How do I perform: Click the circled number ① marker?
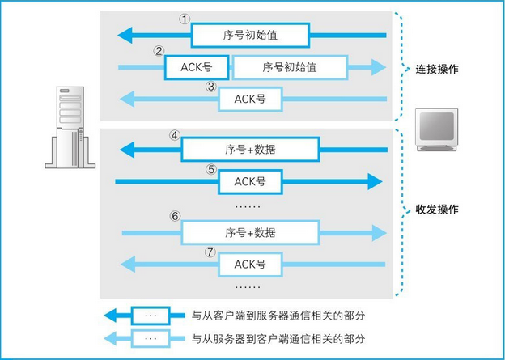[x=185, y=19]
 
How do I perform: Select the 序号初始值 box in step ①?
[x=250, y=35]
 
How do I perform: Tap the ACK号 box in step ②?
[x=197, y=67]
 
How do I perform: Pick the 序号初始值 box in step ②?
[x=290, y=67]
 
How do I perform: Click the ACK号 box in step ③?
[x=250, y=99]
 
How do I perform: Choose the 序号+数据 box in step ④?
[x=250, y=150]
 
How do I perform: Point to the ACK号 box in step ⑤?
[x=250, y=181]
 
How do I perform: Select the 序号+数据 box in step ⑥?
[x=250, y=232]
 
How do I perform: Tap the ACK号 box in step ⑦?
[x=250, y=265]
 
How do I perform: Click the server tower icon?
[x=70, y=127]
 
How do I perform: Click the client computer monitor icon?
[x=436, y=129]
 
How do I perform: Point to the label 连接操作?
[x=437, y=69]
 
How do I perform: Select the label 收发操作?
[x=437, y=210]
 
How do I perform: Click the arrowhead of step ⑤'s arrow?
[x=375, y=181]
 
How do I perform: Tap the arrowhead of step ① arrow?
[x=125, y=35]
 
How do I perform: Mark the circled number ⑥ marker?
[x=175, y=216]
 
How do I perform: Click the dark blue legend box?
[x=150, y=316]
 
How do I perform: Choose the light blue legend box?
[x=150, y=338]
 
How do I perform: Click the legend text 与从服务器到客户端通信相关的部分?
[x=278, y=338]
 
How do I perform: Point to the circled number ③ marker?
[x=211, y=87]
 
